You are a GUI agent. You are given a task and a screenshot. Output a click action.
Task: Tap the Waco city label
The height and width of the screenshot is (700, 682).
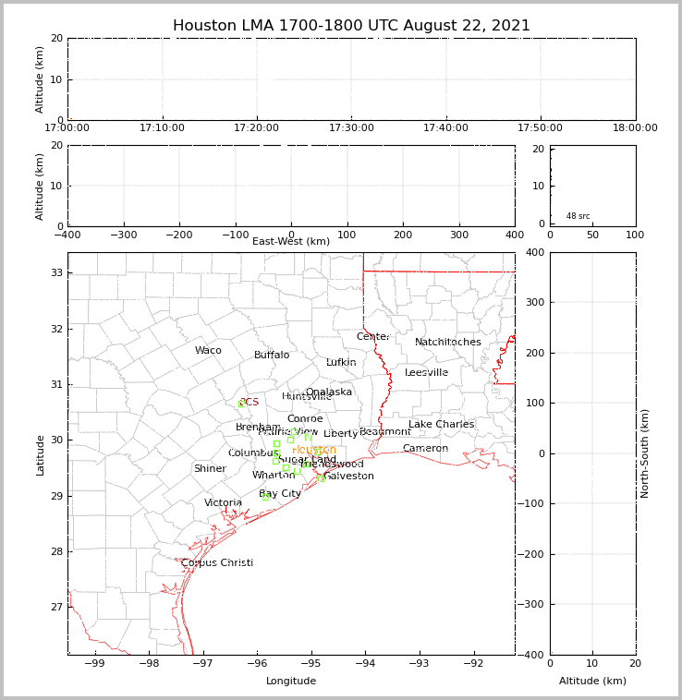(208, 351)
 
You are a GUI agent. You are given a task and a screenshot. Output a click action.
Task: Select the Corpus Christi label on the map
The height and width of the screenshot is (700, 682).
(217, 563)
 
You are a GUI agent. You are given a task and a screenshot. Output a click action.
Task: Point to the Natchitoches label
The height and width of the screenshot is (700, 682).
(448, 343)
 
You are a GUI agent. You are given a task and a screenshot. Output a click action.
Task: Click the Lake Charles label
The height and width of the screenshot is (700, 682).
(441, 425)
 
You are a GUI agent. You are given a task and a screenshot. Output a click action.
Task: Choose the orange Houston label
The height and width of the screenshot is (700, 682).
(314, 451)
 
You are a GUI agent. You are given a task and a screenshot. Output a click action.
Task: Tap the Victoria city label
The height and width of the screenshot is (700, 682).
(224, 503)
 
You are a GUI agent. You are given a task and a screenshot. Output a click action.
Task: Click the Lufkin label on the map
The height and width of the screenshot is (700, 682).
(341, 363)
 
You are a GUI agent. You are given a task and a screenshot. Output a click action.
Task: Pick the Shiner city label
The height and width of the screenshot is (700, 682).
(210, 469)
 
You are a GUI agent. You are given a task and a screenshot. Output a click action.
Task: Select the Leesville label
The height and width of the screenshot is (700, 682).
(426, 373)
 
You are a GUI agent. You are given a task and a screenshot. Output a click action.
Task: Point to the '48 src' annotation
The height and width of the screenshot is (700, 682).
(578, 216)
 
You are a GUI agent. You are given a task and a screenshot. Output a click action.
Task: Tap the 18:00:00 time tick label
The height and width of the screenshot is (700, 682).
(635, 128)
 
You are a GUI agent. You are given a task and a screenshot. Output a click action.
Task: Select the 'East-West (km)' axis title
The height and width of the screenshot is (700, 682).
(291, 242)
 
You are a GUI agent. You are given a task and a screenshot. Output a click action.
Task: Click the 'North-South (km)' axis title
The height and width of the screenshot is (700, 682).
(645, 453)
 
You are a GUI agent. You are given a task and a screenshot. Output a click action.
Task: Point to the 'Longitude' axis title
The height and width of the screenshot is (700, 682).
(291, 682)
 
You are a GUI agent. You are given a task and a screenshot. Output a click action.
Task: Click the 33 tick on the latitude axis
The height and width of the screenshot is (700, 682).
(55, 273)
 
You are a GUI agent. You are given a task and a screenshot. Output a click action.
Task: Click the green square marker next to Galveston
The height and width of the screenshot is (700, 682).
(321, 478)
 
